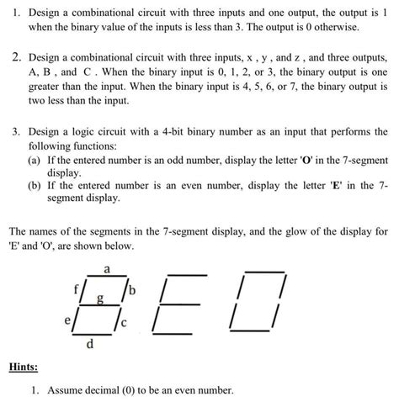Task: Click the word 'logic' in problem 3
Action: (84, 133)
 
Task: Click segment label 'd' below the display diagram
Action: (92, 344)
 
